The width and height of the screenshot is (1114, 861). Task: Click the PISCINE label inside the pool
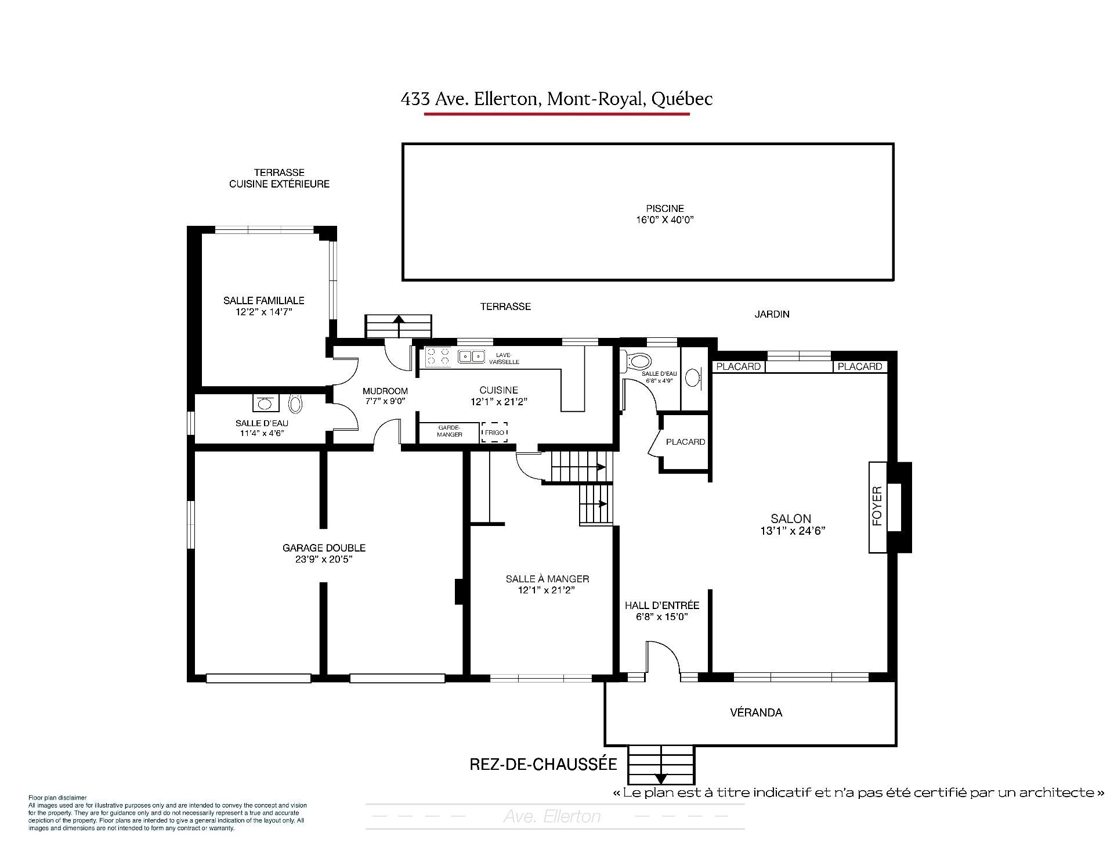665,208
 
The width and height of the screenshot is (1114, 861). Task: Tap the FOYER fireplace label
877,506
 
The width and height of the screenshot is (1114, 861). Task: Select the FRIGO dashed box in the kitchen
494,433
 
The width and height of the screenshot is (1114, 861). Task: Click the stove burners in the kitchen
438,356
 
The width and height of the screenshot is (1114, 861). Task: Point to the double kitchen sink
471,356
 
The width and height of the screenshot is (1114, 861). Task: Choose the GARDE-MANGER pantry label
450,431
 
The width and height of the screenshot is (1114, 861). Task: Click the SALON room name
791,519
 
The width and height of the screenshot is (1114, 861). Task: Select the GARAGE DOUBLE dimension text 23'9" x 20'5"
324,560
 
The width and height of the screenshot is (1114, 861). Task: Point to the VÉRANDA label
756,712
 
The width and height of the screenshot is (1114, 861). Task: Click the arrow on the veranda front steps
661,779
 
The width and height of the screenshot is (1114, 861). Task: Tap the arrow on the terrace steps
399,318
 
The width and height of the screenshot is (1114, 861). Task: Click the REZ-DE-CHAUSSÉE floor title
543,764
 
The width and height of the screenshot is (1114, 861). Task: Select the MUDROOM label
385,391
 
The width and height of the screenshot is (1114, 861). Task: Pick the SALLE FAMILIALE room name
264,301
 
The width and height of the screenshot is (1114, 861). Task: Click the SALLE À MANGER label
547,579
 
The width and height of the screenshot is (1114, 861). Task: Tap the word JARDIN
772,314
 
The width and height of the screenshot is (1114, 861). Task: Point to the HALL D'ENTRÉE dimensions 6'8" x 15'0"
661,617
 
